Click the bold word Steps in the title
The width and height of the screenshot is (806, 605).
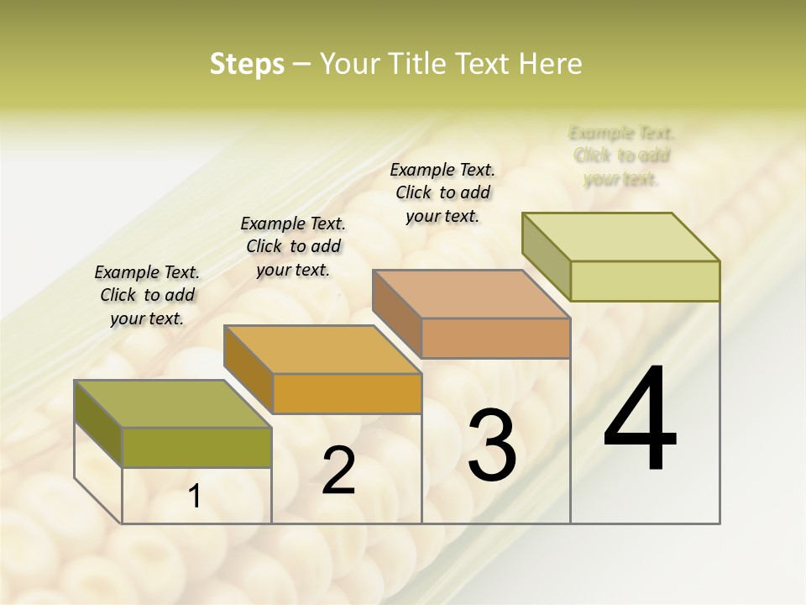pos(247,64)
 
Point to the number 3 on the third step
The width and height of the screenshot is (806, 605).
pos(491,445)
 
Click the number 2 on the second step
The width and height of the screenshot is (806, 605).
pos(338,471)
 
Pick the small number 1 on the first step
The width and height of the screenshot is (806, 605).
pos(195,497)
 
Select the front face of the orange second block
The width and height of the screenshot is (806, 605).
pos(347,393)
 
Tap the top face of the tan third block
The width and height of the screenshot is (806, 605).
pos(470,294)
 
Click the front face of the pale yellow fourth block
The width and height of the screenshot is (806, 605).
pos(645,281)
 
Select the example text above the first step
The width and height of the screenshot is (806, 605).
pos(147,295)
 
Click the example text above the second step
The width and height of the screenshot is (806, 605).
pos(293,246)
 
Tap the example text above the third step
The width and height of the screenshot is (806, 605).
pos(442,192)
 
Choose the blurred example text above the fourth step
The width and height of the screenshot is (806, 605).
pos(621,155)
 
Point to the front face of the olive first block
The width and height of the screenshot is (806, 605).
pos(196,447)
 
